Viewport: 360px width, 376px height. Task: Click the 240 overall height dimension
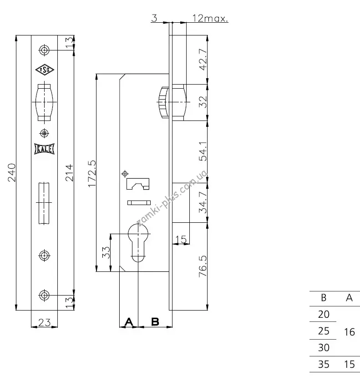(11, 172)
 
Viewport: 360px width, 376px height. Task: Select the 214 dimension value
(69, 172)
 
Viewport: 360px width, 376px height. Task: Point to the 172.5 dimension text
(92, 174)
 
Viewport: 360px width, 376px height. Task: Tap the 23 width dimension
(45, 322)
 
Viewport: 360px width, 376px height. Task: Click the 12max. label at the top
(210, 18)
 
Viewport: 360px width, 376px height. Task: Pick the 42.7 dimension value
(203, 60)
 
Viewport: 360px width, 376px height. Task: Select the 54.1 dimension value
(203, 151)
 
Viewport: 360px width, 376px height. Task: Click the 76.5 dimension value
(203, 266)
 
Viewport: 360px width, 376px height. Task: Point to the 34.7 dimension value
(203, 202)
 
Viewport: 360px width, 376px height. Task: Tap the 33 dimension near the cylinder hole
(106, 252)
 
